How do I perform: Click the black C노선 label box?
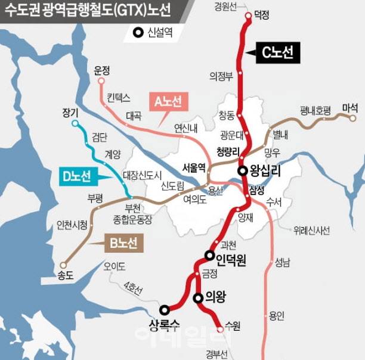pos(278,53)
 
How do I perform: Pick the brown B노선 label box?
pos(123,243)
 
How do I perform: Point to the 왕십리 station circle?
pos(243,170)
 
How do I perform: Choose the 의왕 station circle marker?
pos(197,297)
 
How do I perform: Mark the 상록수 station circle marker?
pos(164,309)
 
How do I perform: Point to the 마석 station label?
pos(350,108)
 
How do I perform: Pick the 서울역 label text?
pos(193,166)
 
